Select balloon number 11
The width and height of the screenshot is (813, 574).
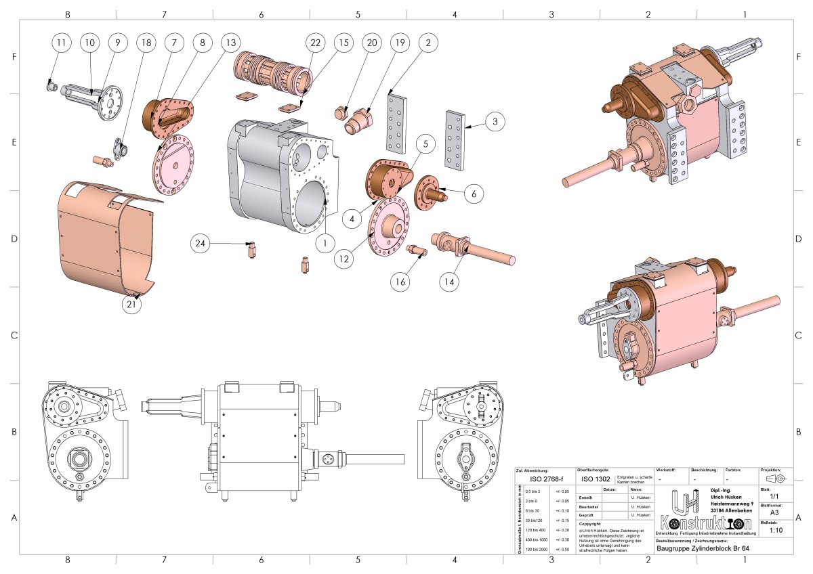(62, 43)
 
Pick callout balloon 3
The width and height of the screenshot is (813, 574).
(495, 122)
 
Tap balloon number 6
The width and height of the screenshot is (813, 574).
(474, 193)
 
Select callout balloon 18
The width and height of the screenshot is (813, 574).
(144, 43)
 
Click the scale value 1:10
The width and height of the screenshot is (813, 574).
(776, 531)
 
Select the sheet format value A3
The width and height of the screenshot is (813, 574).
(774, 513)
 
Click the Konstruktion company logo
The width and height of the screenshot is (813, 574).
(704, 515)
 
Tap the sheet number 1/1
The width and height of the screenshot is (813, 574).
(774, 496)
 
